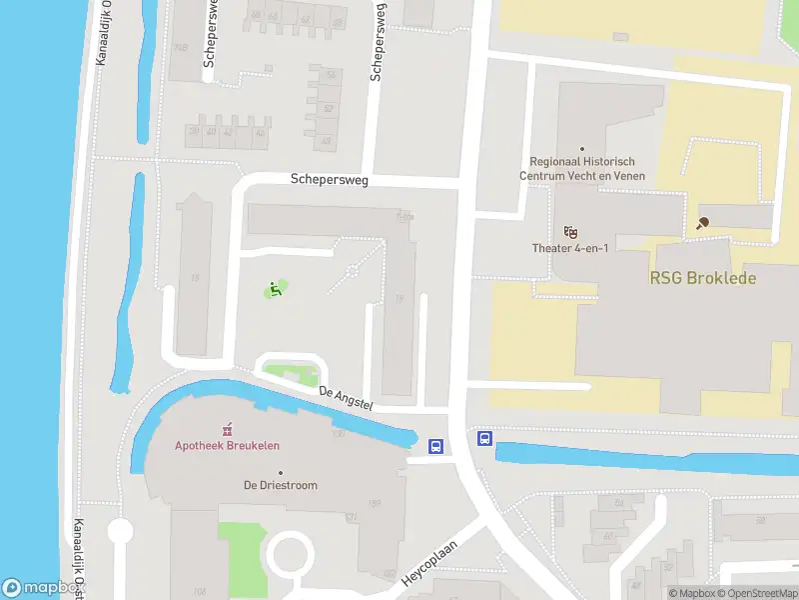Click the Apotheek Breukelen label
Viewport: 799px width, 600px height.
(228, 445)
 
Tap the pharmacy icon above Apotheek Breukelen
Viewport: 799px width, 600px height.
(228, 428)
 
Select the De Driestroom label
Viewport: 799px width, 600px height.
(281, 485)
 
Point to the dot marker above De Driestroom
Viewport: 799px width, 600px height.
(281, 472)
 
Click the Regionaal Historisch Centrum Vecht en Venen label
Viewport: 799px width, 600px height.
(582, 168)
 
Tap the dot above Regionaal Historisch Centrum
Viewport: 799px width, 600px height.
(582, 149)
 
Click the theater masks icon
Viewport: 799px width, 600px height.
(571, 231)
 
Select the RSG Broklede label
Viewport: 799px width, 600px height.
(703, 279)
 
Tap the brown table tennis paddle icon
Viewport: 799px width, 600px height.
(703, 223)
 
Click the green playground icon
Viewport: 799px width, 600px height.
(275, 290)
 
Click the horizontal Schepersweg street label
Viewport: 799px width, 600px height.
(330, 180)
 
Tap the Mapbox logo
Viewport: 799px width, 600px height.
(30, 588)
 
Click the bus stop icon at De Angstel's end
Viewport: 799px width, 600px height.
(436, 447)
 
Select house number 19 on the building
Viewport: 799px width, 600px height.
(399, 297)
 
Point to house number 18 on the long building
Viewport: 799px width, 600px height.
(195, 277)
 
